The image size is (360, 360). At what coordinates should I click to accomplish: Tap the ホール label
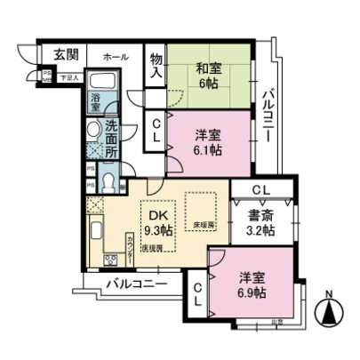[x=115, y=56]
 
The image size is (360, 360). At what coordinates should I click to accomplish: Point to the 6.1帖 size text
[x=208, y=150]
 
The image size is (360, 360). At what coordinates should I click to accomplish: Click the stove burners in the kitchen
[x=112, y=261]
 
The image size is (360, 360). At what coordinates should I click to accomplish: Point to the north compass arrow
[x=330, y=311]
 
